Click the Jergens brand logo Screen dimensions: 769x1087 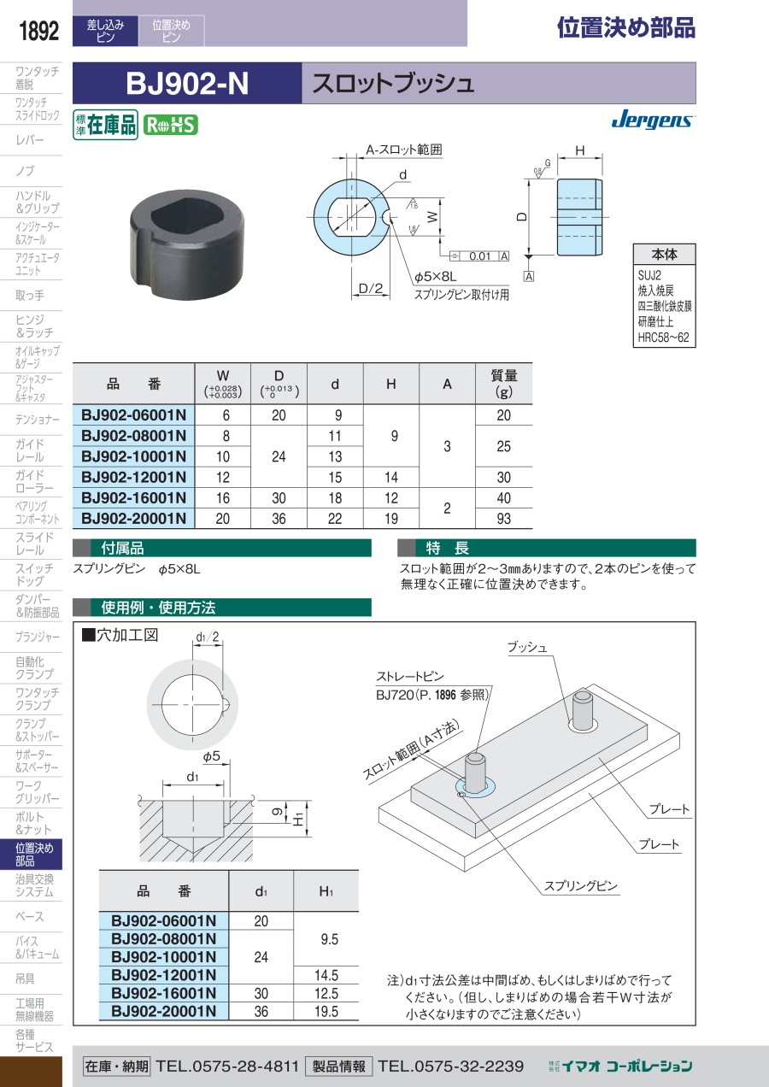click(653, 120)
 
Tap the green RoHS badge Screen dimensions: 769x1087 click(171, 126)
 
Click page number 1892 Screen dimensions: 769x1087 click(38, 31)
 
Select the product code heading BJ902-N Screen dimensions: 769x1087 click(187, 83)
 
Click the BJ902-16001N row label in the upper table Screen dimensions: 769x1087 click(134, 498)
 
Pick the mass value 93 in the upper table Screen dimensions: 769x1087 click(503, 519)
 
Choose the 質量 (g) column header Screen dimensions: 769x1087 click(503, 384)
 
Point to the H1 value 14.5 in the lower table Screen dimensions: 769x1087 click(326, 975)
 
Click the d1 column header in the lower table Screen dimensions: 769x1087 click(261, 891)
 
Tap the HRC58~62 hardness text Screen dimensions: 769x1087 click(663, 338)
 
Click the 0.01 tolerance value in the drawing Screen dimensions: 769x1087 click(479, 256)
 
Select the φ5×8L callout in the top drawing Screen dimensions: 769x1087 click(435, 277)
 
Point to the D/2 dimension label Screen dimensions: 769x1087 click(370, 289)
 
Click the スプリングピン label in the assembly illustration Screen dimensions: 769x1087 click(580, 886)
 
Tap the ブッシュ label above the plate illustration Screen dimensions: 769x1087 click(527, 648)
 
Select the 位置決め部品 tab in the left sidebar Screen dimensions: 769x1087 click(32, 855)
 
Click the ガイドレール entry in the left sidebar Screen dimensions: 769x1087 click(30, 450)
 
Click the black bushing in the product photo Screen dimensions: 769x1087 click(187, 244)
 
